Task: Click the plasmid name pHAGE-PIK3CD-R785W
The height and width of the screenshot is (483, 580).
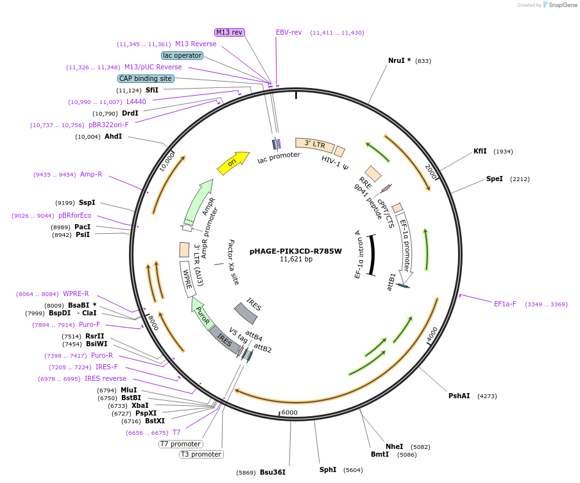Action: pyautogui.click(x=296, y=251)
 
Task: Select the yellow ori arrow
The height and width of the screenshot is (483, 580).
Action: pyautogui.click(x=232, y=164)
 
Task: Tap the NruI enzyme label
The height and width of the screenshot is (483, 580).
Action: pyautogui.click(x=399, y=60)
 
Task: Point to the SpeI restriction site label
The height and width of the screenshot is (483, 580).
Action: pyautogui.click(x=495, y=179)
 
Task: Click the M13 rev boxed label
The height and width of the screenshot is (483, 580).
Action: pyautogui.click(x=229, y=32)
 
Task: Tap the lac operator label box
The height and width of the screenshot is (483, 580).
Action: pyautogui.click(x=182, y=55)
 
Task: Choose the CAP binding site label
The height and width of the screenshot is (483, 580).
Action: pyautogui.click(x=146, y=78)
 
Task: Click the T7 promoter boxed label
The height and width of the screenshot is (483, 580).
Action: pyautogui.click(x=181, y=444)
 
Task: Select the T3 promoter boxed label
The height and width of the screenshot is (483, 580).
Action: pyautogui.click(x=201, y=455)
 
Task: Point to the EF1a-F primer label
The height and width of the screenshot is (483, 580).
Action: pyautogui.click(x=505, y=304)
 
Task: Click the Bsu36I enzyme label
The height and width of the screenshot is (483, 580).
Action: pyautogui.click(x=273, y=472)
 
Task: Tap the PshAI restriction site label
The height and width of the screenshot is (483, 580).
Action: pyautogui.click(x=459, y=396)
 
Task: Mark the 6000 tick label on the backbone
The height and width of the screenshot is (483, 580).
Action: pyautogui.click(x=290, y=412)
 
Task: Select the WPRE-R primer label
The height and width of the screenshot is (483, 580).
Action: pyautogui.click(x=76, y=294)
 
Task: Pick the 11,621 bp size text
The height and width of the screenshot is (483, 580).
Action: pyautogui.click(x=296, y=259)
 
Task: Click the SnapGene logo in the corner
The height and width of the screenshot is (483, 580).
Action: pyautogui.click(x=559, y=5)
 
